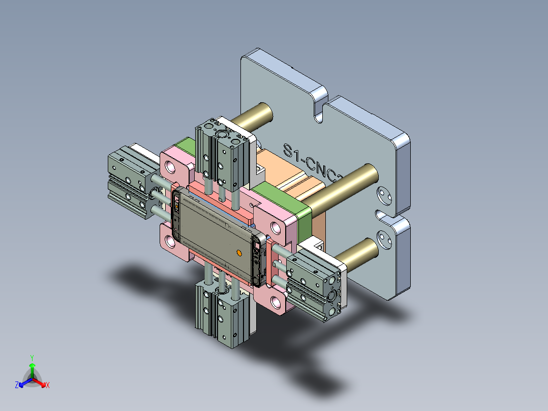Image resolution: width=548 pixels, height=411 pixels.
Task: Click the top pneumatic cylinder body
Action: pos(224,155)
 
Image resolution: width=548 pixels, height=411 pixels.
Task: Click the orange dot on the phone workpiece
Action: pos(239,252)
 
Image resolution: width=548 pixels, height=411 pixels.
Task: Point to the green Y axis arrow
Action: pos(32,366)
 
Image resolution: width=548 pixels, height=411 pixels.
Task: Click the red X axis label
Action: pos(48,386)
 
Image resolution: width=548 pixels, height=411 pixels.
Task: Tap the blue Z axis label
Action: pos(16,386)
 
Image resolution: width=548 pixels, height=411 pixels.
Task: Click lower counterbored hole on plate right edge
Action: pos(384,237)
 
